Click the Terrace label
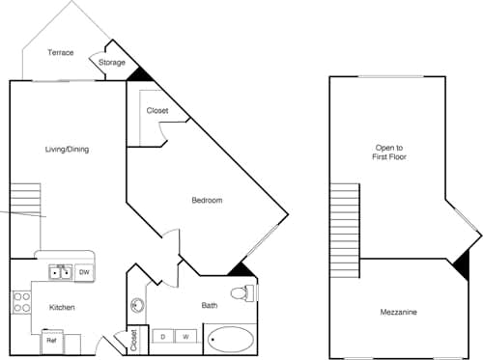click(x=62, y=53)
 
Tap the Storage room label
click(x=112, y=63)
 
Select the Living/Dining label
click(x=67, y=149)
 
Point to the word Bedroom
click(x=207, y=200)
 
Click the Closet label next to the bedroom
click(x=157, y=110)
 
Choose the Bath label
click(x=210, y=306)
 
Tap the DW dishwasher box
click(x=84, y=273)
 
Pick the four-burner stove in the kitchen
click(x=20, y=301)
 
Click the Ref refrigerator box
click(x=52, y=341)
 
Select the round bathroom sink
click(x=137, y=307)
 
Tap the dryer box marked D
click(x=162, y=337)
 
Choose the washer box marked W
click(x=186, y=337)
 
